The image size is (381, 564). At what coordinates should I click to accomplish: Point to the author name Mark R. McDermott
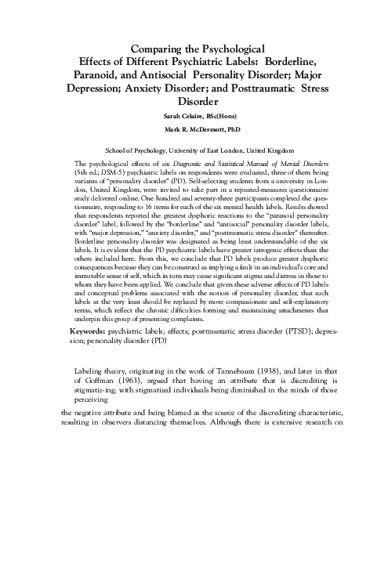178,128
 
